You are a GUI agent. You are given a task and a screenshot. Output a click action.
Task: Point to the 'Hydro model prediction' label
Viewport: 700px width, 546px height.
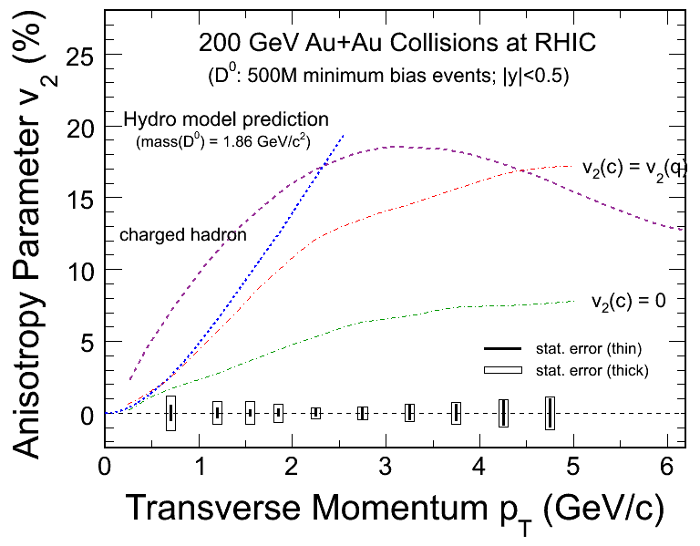pos(226,119)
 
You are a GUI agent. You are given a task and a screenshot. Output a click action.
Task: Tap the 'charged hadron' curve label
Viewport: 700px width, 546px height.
pos(184,235)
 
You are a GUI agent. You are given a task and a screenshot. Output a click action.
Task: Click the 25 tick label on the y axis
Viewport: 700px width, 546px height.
pos(79,53)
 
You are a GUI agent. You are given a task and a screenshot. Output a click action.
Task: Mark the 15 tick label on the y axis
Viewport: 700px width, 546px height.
pos(79,198)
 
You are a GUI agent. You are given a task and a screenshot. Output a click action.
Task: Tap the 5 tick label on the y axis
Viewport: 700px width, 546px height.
pos(87,342)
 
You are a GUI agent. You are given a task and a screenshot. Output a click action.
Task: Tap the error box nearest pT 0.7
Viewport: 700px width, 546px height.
pos(170,413)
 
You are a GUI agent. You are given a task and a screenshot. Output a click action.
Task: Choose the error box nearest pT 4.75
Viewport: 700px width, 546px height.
pos(550,413)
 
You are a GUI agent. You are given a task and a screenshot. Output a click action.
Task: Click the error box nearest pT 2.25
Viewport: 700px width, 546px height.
pos(315,413)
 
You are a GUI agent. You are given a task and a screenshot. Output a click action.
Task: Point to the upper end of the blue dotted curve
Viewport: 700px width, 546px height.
pos(344,135)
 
